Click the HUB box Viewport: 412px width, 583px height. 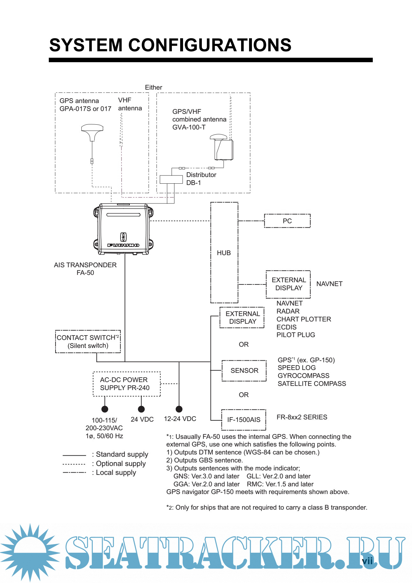coord(224,253)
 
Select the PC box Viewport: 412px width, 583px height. coord(287,221)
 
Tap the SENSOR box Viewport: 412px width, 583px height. coord(244,371)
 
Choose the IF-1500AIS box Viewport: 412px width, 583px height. coord(244,420)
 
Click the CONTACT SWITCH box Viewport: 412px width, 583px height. coord(88,342)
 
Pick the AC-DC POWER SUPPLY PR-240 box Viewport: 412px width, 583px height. coord(127,384)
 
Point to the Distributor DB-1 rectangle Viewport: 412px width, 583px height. coord(171,180)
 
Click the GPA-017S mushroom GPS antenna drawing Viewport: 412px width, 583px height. coord(92,131)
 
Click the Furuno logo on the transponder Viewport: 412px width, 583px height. coord(123,245)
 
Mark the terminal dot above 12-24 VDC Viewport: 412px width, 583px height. coord(179,409)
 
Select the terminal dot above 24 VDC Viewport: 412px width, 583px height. coord(142,409)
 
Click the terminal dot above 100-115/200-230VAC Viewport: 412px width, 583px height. coord(105,409)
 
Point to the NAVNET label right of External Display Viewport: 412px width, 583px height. coord(329,284)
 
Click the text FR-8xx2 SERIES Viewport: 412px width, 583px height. coord(302,417)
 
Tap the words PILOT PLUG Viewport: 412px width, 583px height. coord(296,335)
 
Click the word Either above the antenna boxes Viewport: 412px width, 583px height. coord(153,87)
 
